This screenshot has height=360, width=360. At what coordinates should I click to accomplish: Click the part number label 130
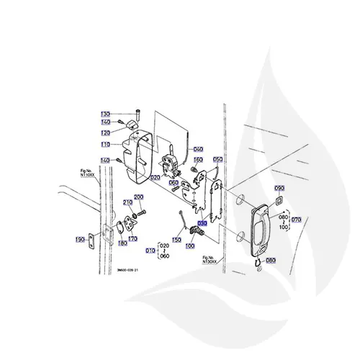[x=105, y=114]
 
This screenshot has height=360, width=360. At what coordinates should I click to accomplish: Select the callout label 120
[x=105, y=132]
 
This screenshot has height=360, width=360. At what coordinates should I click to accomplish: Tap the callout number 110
[x=105, y=144]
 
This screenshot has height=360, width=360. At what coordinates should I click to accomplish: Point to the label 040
[x=199, y=149]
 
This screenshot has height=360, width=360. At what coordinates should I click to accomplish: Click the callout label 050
[x=218, y=158]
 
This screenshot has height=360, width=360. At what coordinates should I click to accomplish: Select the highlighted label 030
[x=202, y=224]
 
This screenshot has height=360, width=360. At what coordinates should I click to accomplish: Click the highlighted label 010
[x=150, y=251]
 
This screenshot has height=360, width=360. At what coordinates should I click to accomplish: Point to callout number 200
[x=138, y=197]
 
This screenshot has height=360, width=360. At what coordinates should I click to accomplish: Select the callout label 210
[x=127, y=202]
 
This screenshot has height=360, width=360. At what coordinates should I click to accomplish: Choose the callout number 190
[x=80, y=239]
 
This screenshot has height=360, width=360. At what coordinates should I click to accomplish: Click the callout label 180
[x=122, y=244]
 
